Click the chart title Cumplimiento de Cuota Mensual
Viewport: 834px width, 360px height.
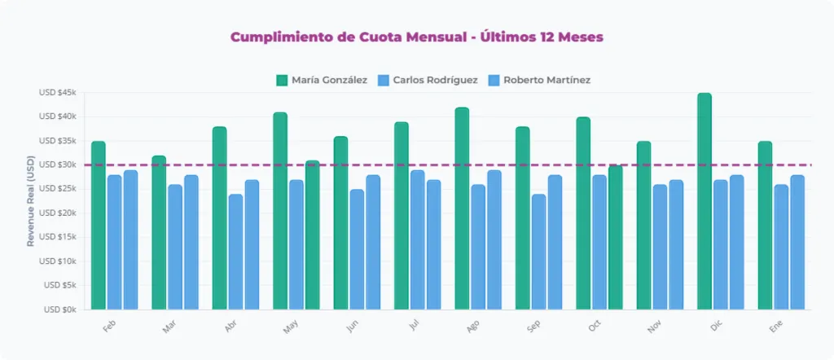coord(416,37)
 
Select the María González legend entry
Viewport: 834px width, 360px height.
coord(322,80)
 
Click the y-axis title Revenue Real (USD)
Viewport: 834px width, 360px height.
coord(31,200)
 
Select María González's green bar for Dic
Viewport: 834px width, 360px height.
coord(705,201)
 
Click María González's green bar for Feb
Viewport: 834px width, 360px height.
coord(99,226)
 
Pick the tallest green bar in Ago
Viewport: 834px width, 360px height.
coord(462,209)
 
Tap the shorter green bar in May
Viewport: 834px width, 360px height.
coord(312,235)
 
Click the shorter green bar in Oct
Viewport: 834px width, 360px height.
coord(616,237)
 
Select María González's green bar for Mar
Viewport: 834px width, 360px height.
coord(159,233)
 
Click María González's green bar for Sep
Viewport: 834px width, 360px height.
coord(523,218)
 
